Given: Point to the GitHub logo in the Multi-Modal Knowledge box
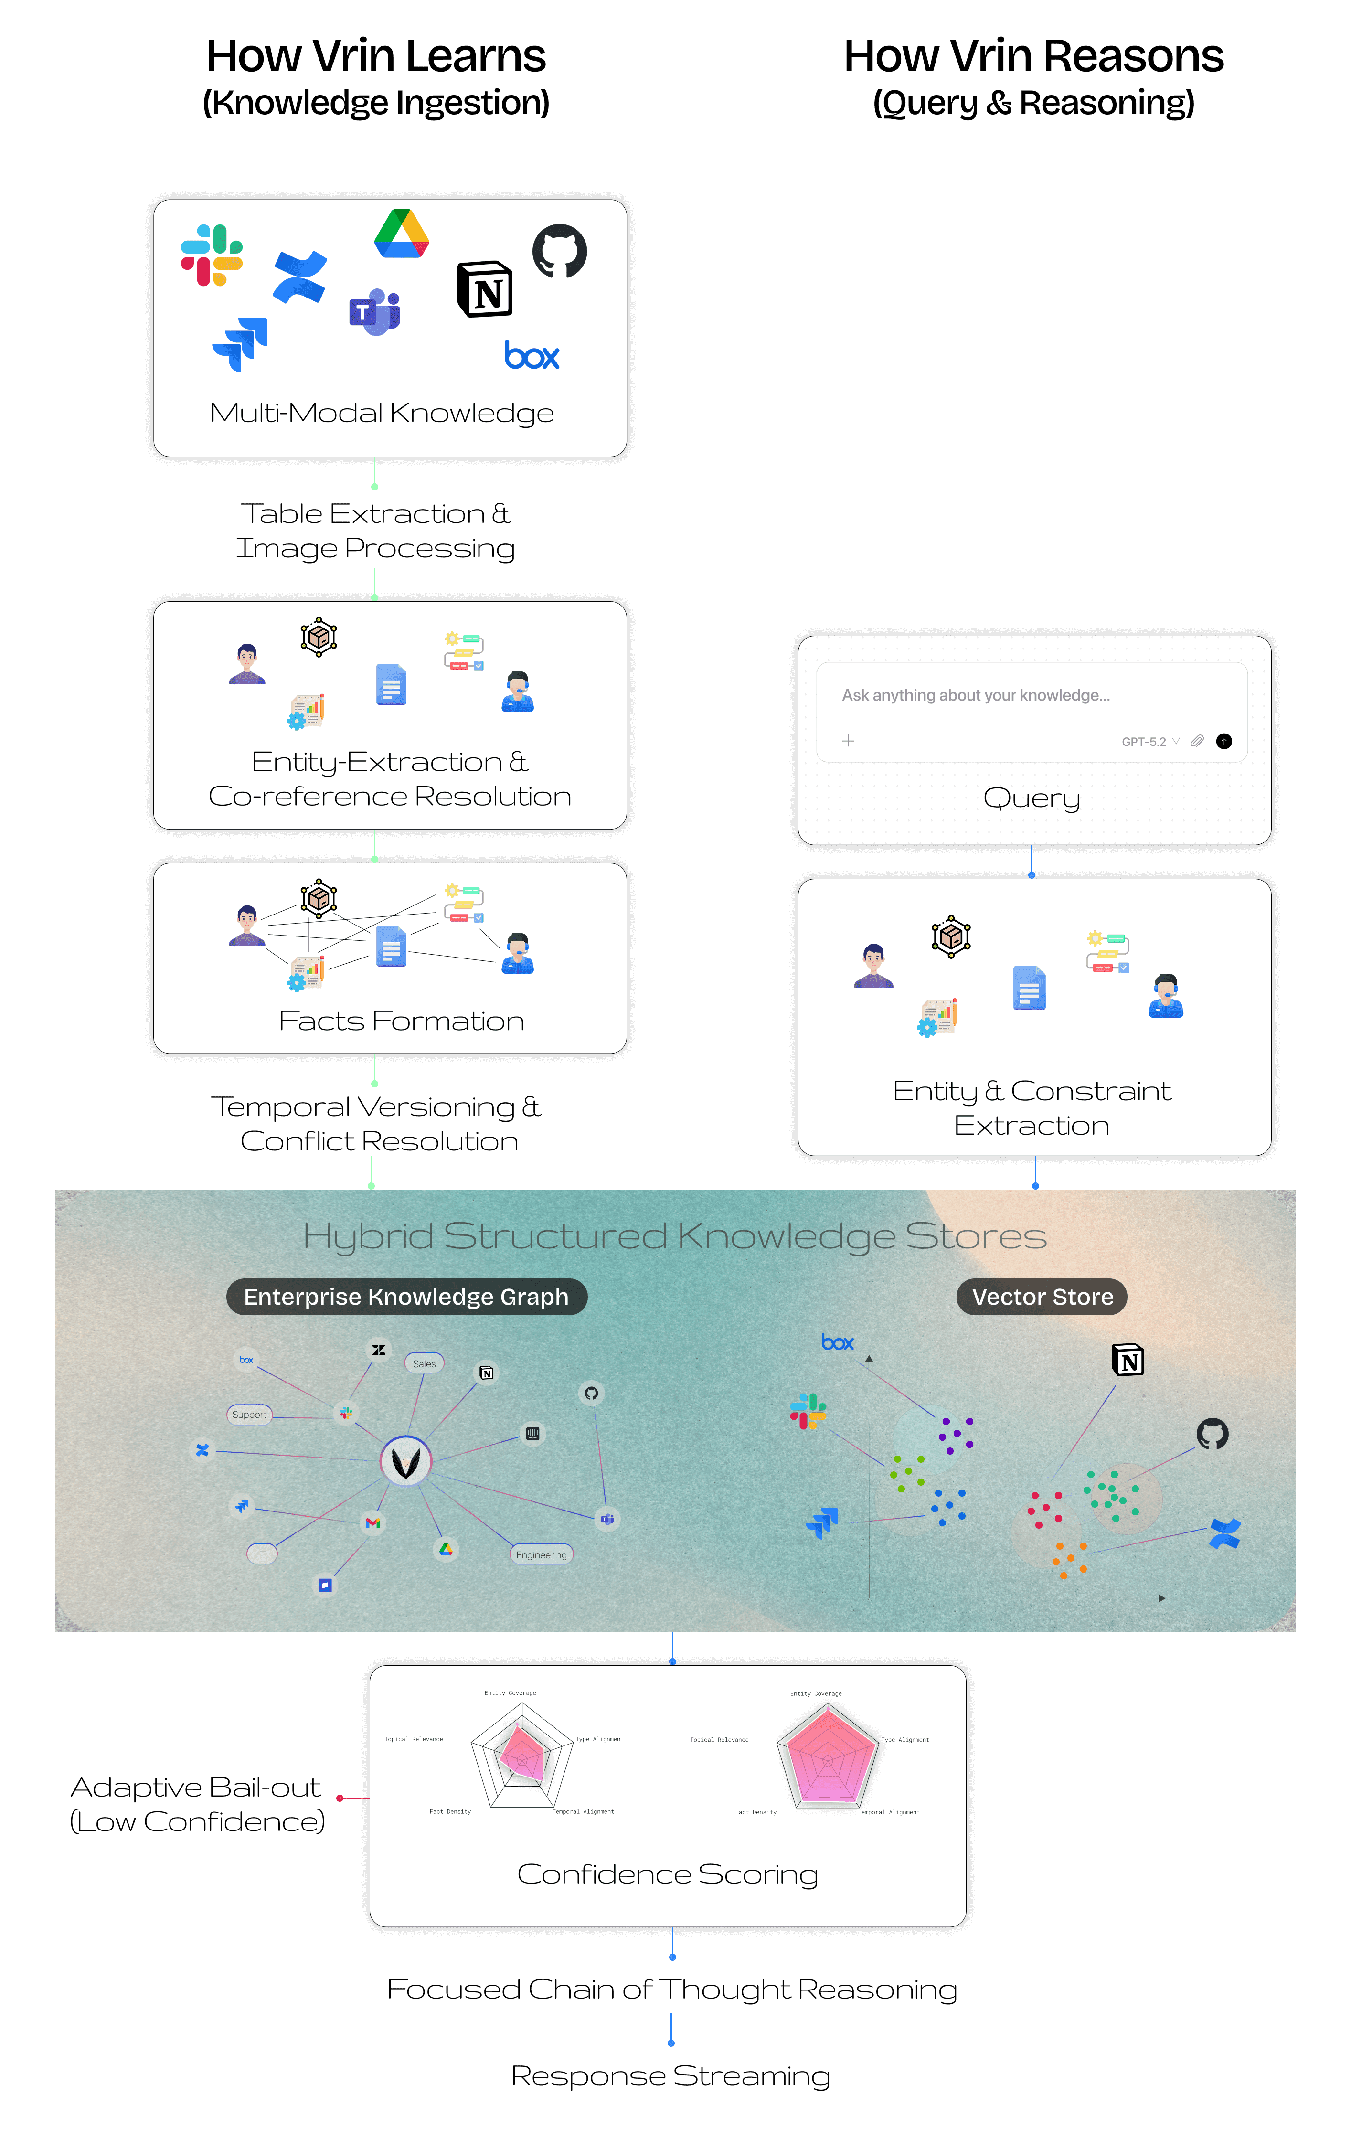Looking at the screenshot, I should click(560, 251).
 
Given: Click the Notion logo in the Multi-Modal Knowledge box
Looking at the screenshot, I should click(485, 289).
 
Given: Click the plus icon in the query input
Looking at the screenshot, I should click(848, 741).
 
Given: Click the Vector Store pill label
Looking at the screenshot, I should click(1042, 1297).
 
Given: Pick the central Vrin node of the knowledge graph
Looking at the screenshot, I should click(406, 1461).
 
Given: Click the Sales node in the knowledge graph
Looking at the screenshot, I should click(425, 1363).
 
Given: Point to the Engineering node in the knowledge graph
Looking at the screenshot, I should click(541, 1554).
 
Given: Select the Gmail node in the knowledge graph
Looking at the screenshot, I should click(373, 1523).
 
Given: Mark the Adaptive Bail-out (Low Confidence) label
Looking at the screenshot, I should click(197, 1804).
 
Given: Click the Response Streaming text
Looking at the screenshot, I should click(670, 2076).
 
